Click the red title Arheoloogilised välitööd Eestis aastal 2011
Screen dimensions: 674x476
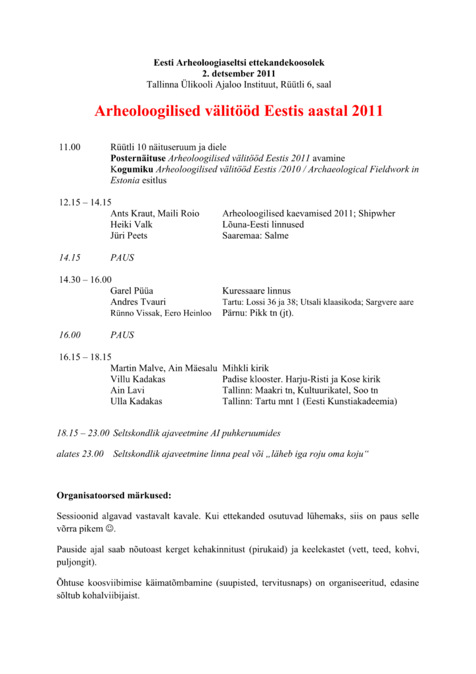click(x=239, y=111)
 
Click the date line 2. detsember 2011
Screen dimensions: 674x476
click(x=239, y=73)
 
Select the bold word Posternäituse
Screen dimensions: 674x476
click(x=138, y=158)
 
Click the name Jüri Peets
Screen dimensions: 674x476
click(x=129, y=236)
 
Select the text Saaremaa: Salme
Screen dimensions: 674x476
click(x=255, y=236)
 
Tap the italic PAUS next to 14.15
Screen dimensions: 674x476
click(x=122, y=257)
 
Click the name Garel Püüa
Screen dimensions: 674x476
click(x=132, y=290)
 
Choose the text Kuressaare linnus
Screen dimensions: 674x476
click(x=256, y=290)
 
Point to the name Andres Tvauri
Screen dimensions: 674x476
click(x=137, y=301)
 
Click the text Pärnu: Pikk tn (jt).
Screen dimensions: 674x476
click(x=258, y=313)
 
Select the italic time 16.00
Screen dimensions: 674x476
click(x=70, y=334)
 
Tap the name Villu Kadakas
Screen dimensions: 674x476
click(x=138, y=379)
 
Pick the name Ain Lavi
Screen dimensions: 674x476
click(x=127, y=390)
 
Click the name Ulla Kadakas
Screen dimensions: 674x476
click(x=136, y=401)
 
